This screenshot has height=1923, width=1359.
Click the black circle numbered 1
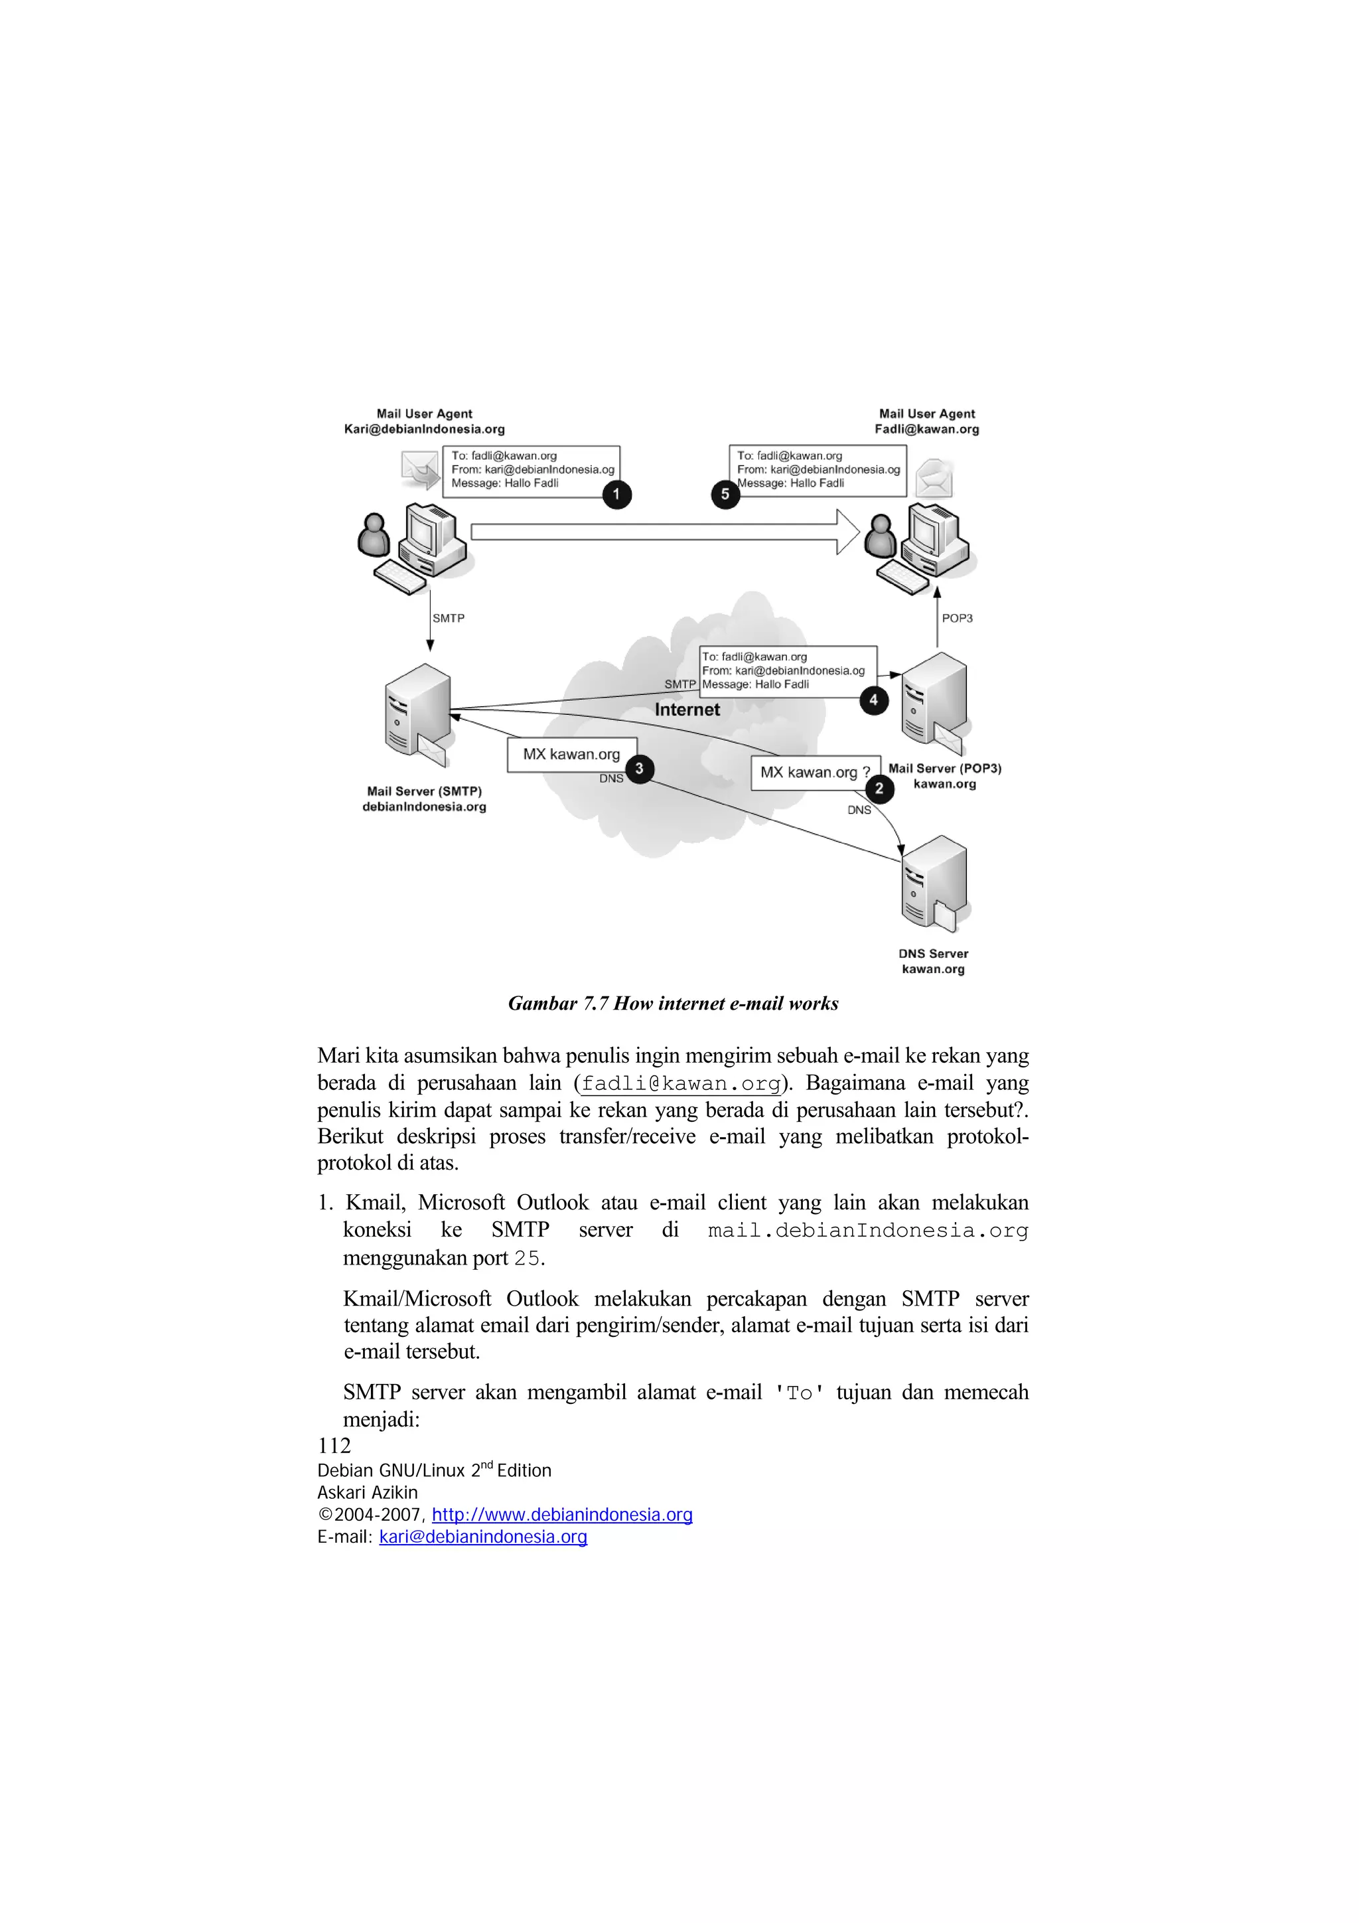pyautogui.click(x=616, y=494)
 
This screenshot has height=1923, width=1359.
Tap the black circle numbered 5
pyautogui.click(x=725, y=494)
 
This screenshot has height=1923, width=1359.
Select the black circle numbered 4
pyautogui.click(x=873, y=700)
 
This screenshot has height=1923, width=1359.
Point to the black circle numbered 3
pyautogui.click(x=639, y=769)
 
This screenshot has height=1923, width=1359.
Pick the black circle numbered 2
pyautogui.click(x=879, y=788)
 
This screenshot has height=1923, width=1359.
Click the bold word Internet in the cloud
pyautogui.click(x=687, y=710)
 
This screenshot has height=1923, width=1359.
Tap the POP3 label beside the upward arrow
pyautogui.click(x=957, y=618)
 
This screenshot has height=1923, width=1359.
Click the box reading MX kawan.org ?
pyautogui.click(x=815, y=772)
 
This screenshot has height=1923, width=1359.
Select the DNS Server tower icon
pyautogui.click(x=934, y=884)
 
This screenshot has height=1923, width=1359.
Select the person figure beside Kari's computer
pyautogui.click(x=374, y=536)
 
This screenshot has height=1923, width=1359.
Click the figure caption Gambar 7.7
pyautogui.click(x=674, y=1004)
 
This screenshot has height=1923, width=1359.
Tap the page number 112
pyautogui.click(x=334, y=1446)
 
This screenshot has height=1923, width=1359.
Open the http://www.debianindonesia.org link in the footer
pyautogui.click(x=562, y=1514)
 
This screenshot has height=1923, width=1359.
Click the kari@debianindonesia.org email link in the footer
pyautogui.click(x=483, y=1537)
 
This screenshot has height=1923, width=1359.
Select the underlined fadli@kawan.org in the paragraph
pyautogui.click(x=681, y=1084)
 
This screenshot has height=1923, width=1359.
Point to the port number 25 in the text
pyautogui.click(x=527, y=1258)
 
